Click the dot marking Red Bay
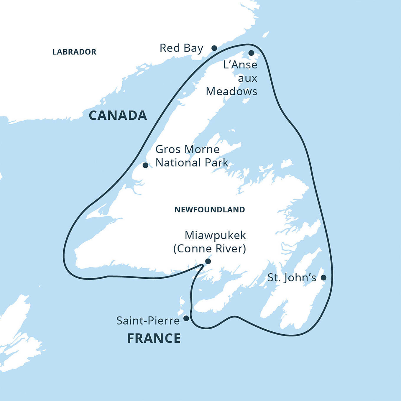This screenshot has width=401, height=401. click(214, 48)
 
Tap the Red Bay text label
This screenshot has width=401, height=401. click(181, 48)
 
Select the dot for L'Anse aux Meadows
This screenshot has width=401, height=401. click(251, 53)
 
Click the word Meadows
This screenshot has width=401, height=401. click(231, 91)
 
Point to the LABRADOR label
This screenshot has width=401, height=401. click(74, 52)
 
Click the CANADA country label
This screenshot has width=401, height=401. click(118, 115)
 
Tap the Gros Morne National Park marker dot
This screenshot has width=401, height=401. click(145, 165)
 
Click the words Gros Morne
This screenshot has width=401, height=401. click(187, 149)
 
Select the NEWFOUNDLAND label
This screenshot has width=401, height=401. click(210, 210)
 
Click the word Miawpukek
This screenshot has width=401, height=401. click(215, 235)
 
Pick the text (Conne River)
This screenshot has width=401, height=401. click(210, 249)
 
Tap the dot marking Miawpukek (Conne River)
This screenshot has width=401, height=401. click(208, 261)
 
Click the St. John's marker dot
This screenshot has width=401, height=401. click(323, 277)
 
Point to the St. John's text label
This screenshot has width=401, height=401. click(292, 278)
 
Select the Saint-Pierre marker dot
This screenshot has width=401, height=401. click(186, 318)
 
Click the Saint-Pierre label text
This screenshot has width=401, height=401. click(148, 321)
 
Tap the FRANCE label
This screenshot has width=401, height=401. click(154, 338)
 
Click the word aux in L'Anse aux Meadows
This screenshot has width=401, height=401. click(248, 78)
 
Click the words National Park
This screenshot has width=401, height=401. click(192, 163)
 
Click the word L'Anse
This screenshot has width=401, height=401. click(240, 65)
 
